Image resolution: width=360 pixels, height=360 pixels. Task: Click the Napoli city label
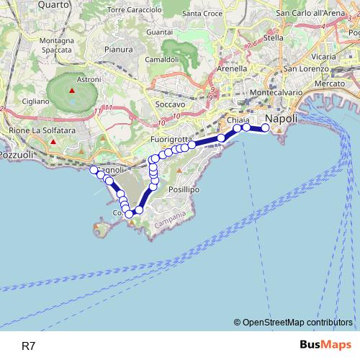pyautogui.click(x=282, y=117)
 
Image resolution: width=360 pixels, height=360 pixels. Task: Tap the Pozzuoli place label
pyautogui.click(x=15, y=155)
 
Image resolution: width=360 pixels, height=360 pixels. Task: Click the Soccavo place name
pyautogui.click(x=170, y=104)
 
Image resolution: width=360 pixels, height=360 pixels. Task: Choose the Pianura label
pyautogui.click(x=118, y=50)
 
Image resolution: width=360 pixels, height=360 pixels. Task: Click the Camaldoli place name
pyautogui.click(x=161, y=59)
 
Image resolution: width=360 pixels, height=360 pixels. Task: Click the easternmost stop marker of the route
pyautogui.click(x=265, y=127)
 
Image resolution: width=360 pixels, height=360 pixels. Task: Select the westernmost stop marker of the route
pyautogui.click(x=93, y=169)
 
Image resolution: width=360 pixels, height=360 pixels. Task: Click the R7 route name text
pyautogui.click(x=28, y=346)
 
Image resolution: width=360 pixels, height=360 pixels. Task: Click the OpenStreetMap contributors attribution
pyautogui.click(x=297, y=322)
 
